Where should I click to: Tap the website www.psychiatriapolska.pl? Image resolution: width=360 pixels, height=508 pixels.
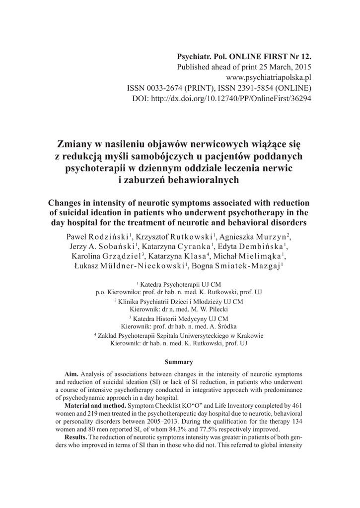click(x=269, y=77)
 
